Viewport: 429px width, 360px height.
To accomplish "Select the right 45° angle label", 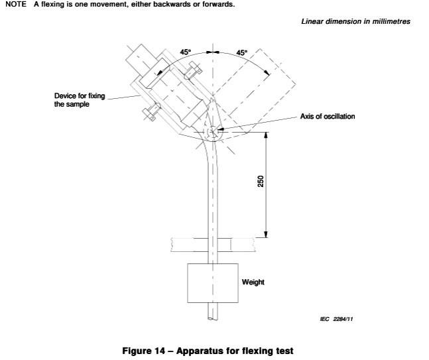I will coord(241,51).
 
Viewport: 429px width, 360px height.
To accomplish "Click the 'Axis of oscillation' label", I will coord(328,117).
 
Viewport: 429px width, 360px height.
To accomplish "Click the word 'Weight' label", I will coord(253,282).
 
